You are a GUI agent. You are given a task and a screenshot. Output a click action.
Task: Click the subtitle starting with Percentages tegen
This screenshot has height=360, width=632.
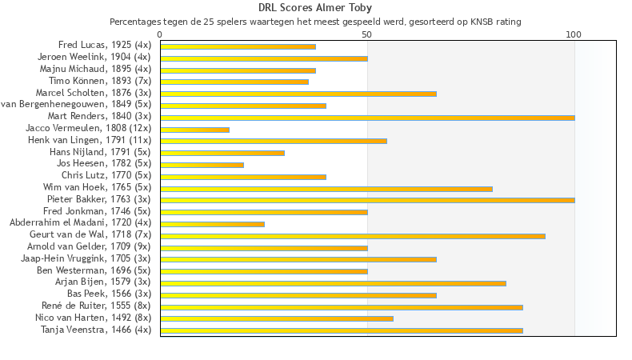click(315, 22)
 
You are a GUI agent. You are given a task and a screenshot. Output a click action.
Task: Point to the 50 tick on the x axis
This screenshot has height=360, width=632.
click(367, 34)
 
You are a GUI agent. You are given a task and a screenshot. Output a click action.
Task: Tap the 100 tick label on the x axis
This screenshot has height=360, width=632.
click(574, 34)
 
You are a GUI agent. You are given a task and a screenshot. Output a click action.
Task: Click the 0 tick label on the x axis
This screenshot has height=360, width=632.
click(161, 34)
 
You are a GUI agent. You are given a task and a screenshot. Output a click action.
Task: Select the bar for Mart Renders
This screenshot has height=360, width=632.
click(367, 118)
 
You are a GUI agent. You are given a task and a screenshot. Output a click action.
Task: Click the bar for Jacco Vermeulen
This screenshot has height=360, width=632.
click(195, 130)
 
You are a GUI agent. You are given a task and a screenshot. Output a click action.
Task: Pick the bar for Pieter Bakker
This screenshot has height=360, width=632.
click(367, 200)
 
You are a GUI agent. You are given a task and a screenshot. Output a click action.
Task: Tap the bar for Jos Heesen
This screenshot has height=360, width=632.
click(202, 165)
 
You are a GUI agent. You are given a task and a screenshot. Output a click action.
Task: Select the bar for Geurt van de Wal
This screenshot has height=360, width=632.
click(353, 236)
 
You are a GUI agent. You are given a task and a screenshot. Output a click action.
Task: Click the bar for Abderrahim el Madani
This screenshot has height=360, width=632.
click(213, 224)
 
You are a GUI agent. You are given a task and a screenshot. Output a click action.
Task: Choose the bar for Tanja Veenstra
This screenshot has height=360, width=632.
click(342, 330)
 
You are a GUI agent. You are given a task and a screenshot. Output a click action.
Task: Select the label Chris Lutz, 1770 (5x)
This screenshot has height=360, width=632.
click(106, 175)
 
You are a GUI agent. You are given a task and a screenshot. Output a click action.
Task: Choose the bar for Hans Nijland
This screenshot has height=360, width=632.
click(222, 153)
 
